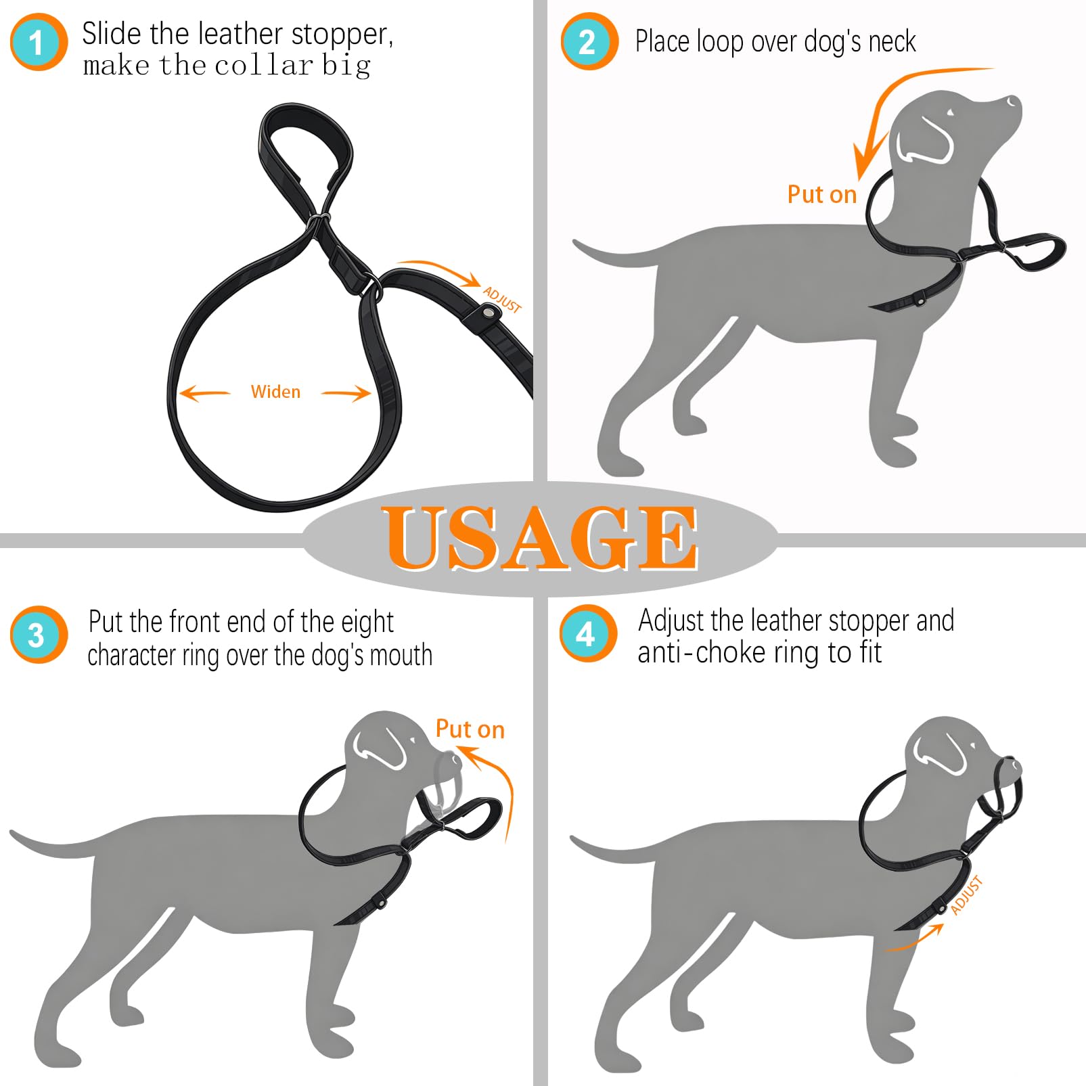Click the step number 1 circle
[39, 42]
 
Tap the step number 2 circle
[589, 41]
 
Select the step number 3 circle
[39, 634]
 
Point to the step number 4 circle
[588, 633]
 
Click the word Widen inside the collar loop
[275, 392]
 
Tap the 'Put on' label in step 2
[822, 194]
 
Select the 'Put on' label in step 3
[470, 729]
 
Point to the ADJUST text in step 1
[502, 300]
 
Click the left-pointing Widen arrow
[205, 393]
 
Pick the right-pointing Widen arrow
[346, 393]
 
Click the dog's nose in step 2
[1013, 101]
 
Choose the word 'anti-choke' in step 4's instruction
[706, 652]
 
